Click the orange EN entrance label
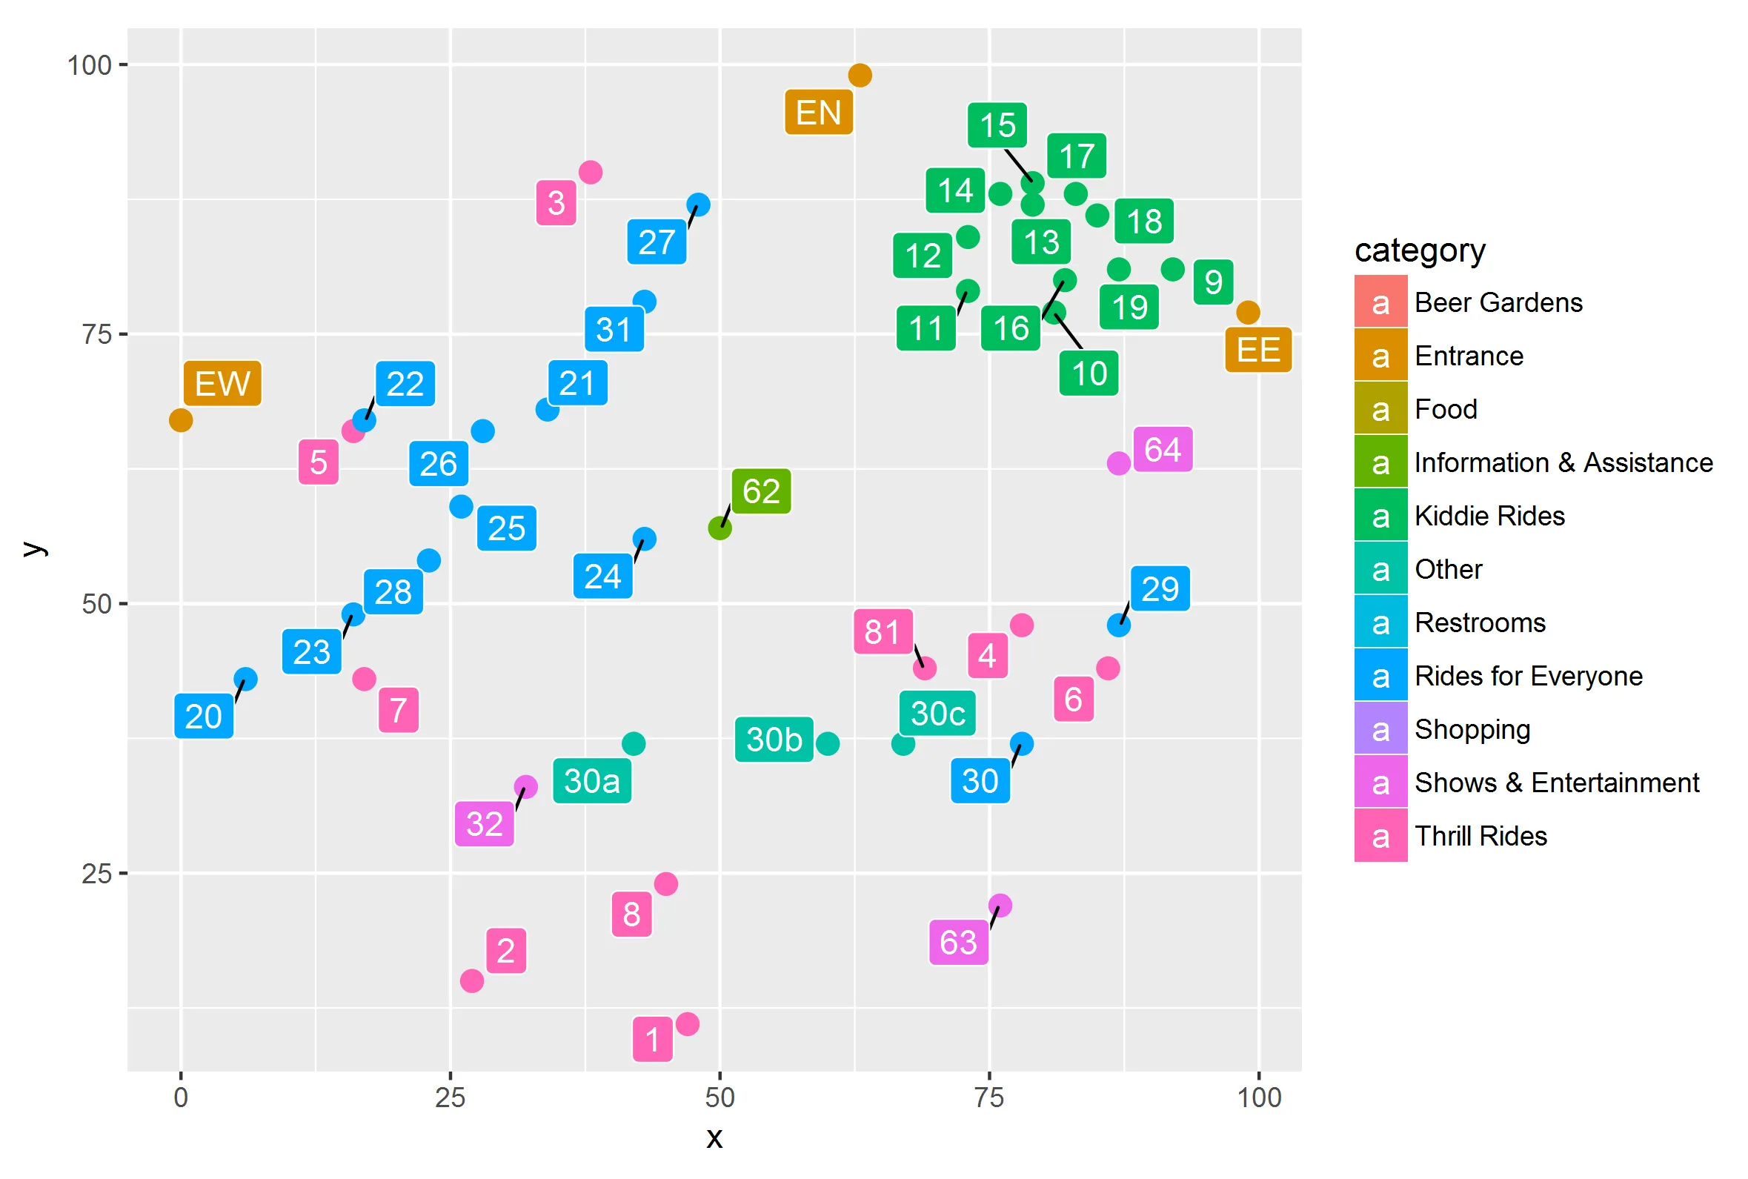[x=818, y=113]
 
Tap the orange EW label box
[x=222, y=383]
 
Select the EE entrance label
[x=1257, y=350]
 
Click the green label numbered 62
[x=761, y=491]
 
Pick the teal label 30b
[x=774, y=739]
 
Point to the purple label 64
[x=1163, y=450]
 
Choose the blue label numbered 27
[x=657, y=242]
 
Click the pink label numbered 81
[x=883, y=631]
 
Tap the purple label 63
[x=958, y=942]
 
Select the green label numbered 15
[x=997, y=124]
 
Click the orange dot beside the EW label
[x=181, y=420]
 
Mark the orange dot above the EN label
[x=860, y=75]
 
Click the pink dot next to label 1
[x=687, y=1023]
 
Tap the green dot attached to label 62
[x=720, y=528]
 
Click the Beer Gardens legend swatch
[x=1380, y=302]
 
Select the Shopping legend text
[x=1472, y=729]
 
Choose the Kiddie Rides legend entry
[x=1489, y=516]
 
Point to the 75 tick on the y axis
[x=97, y=335]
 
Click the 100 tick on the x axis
[x=1259, y=1097]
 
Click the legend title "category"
[x=1420, y=250]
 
